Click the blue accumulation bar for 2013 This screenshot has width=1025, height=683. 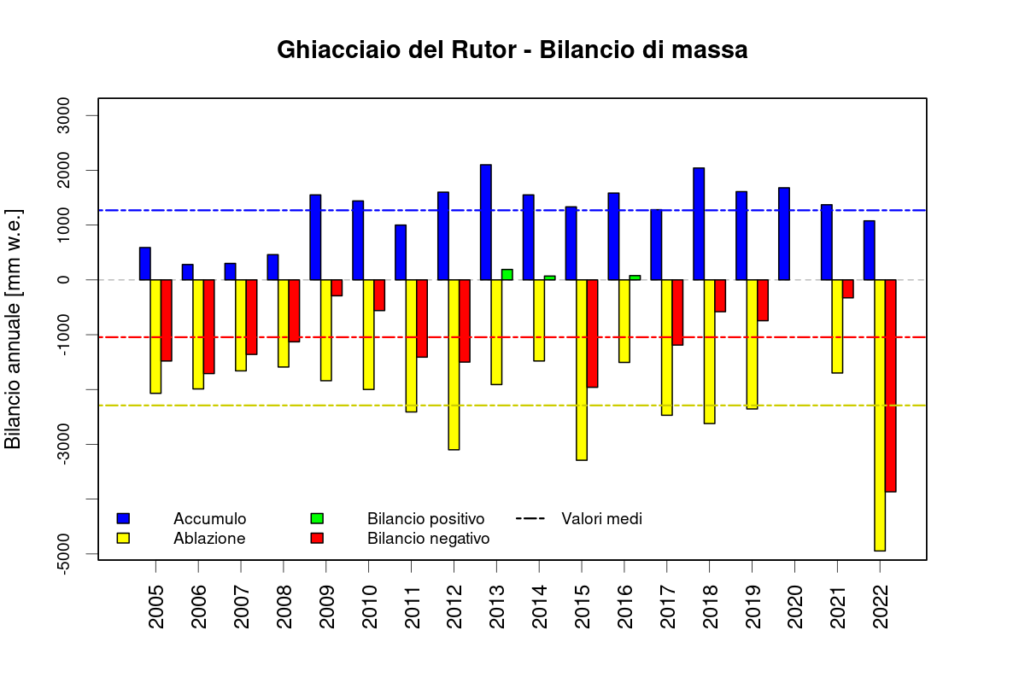[486, 222]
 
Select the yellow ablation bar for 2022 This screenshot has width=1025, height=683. [880, 415]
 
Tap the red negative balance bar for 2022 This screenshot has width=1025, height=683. [891, 385]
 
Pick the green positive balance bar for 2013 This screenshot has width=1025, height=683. [507, 275]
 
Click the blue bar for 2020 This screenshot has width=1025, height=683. [784, 234]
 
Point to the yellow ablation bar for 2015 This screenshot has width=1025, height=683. [582, 370]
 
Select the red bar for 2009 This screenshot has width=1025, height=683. [337, 288]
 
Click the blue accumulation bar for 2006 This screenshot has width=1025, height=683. [187, 272]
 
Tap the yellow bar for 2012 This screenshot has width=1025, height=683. [454, 365]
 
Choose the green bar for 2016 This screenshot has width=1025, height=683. [635, 277]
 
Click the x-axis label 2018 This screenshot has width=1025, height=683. [710, 607]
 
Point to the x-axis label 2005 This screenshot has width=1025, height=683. [156, 607]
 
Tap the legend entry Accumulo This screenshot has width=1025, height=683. [209, 519]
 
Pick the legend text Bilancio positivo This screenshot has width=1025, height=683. [425, 519]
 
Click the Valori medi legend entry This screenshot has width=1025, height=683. [601, 518]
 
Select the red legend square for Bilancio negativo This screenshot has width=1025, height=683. [317, 539]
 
